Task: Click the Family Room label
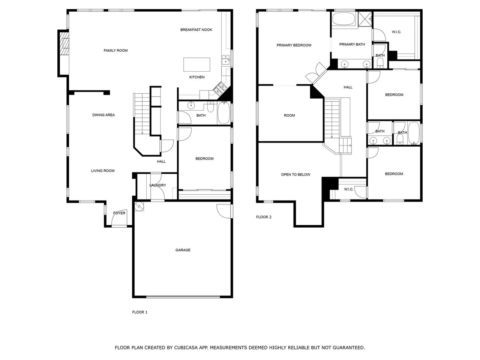(x=115, y=51)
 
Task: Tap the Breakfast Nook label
(x=196, y=30)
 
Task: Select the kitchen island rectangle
(x=196, y=64)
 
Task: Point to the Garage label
(x=183, y=250)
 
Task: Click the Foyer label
(x=119, y=213)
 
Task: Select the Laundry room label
(x=157, y=185)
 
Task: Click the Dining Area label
(x=103, y=115)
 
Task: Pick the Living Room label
(x=103, y=171)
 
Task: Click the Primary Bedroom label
(x=294, y=45)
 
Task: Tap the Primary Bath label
(x=352, y=45)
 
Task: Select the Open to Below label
(x=295, y=175)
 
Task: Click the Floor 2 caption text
(x=264, y=217)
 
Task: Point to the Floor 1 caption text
(x=140, y=312)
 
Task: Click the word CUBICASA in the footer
(x=187, y=348)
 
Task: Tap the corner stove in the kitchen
(x=219, y=89)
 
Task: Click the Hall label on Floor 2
(x=348, y=87)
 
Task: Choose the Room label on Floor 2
(x=289, y=115)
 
